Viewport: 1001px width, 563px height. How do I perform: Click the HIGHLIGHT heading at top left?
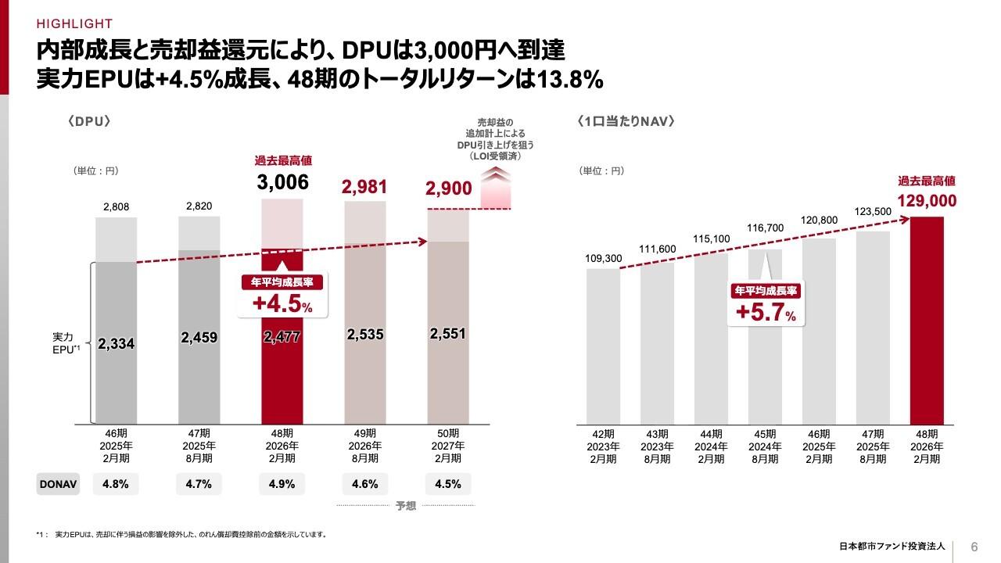(x=74, y=23)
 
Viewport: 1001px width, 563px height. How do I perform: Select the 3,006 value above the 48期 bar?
(x=282, y=183)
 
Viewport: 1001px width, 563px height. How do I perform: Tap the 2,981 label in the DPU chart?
(x=365, y=186)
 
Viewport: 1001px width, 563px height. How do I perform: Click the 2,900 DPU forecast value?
(x=449, y=188)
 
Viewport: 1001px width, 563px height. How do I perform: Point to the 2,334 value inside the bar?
(x=117, y=343)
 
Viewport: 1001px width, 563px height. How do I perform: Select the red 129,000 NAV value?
(x=927, y=201)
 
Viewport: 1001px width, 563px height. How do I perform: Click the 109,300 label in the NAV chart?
(x=603, y=259)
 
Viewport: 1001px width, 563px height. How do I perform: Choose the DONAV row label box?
(x=59, y=484)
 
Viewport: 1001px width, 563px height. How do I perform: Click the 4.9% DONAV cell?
(x=282, y=484)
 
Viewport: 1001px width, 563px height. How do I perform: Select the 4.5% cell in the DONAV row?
(x=447, y=484)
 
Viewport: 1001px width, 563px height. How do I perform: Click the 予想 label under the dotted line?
(x=405, y=507)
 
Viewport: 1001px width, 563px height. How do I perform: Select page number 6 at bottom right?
(x=974, y=546)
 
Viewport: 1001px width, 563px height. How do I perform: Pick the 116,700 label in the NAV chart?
(x=765, y=228)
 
